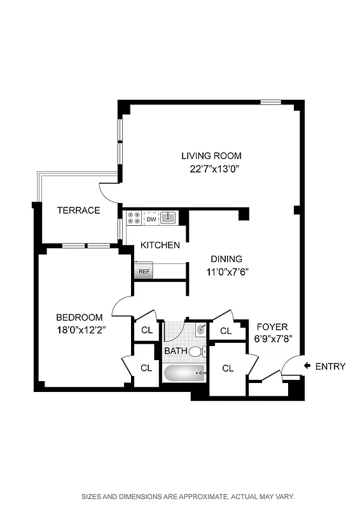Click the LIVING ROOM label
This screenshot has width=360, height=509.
coord(211,156)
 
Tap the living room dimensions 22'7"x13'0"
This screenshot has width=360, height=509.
coord(213,169)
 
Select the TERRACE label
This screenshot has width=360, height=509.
coord(78,211)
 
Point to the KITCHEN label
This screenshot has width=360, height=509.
coord(160,245)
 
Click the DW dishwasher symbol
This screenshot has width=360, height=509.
coord(151,220)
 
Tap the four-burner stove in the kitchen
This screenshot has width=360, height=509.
coord(134,219)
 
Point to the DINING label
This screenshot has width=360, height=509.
coord(226,259)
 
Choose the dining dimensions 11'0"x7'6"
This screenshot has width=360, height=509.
coord(226,272)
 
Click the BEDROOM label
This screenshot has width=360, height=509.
coord(79,317)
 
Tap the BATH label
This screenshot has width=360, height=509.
coord(176,351)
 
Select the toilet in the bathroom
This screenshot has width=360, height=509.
coord(197,351)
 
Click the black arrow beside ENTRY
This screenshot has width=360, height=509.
coord(307,366)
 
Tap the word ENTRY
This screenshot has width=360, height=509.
coord(330,366)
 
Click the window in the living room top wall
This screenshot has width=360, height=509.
coord(271,102)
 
